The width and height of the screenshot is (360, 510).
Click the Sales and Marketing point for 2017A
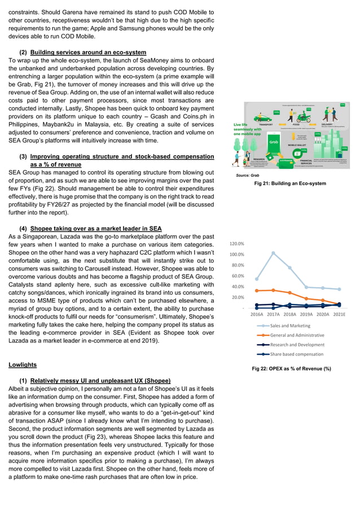click(273, 253)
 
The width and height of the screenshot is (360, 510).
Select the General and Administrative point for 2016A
click(257, 291)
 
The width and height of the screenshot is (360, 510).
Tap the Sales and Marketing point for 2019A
click(306, 287)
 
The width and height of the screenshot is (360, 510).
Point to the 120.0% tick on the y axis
click(236, 243)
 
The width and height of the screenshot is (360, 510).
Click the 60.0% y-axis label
click(237, 276)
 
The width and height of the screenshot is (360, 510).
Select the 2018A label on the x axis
click(290, 314)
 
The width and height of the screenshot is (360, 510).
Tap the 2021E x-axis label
click(339, 314)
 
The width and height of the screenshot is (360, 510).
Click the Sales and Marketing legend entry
click(290, 326)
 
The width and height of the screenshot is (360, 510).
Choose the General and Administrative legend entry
click(297, 335)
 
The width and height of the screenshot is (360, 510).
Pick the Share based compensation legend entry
click(297, 354)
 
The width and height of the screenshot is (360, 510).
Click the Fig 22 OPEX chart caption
click(291, 368)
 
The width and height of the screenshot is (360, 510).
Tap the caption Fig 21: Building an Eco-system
click(290, 183)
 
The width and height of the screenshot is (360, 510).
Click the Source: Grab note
click(248, 176)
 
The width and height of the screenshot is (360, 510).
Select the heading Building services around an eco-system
click(88, 53)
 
